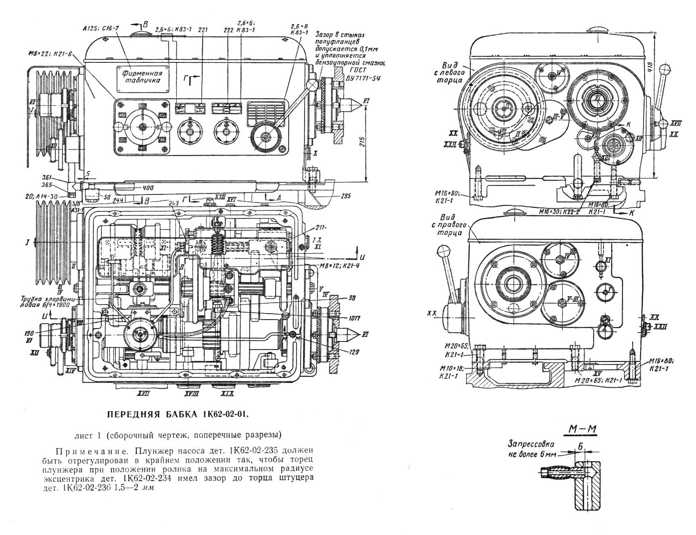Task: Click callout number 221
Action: click(x=202, y=29)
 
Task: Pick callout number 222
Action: click(x=229, y=30)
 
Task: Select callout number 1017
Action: click(x=355, y=318)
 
